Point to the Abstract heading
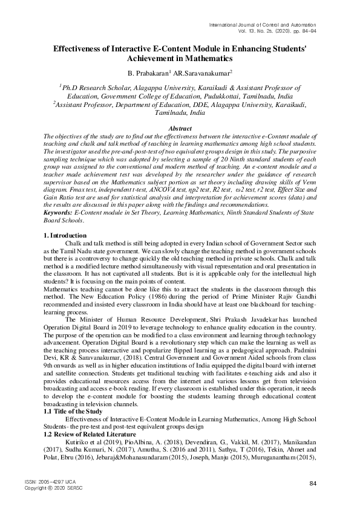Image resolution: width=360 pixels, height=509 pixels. tap(180, 129)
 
